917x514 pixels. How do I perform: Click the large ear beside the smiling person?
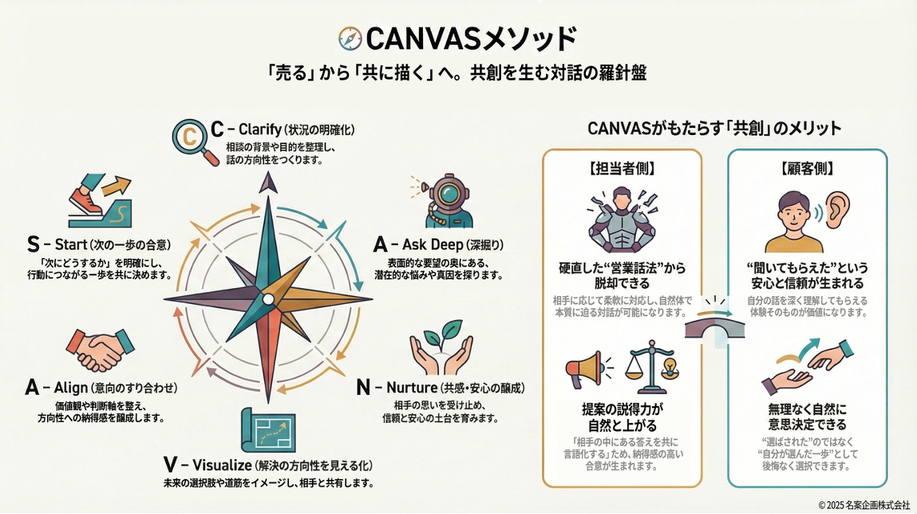point(836,209)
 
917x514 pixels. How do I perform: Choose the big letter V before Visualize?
point(168,465)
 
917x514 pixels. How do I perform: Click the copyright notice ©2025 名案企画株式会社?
point(864,504)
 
